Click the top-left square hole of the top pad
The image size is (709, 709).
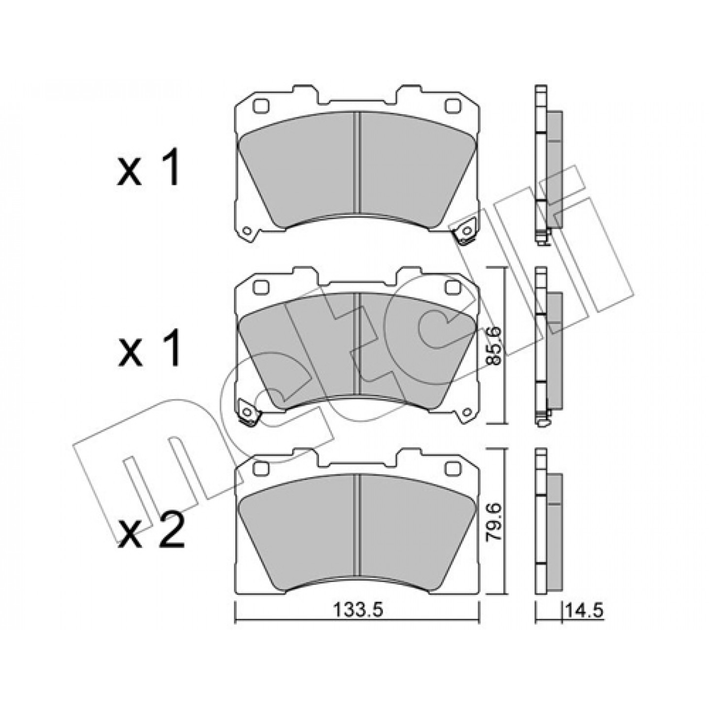coord(261,105)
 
